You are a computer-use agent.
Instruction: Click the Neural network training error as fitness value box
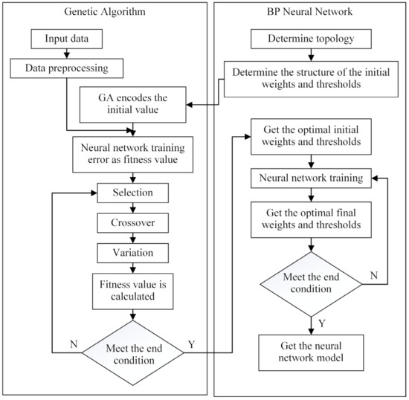pos(133,152)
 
